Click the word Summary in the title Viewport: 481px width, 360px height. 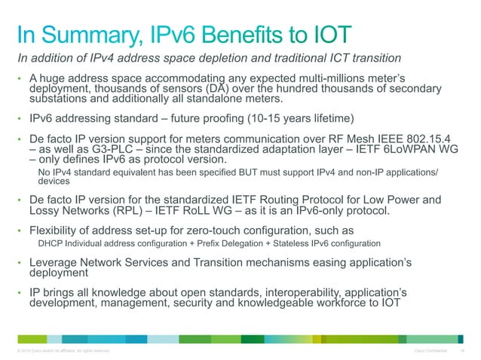tap(89, 35)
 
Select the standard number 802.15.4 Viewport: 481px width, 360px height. tap(421, 139)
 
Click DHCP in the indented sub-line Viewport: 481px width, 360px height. tap(50, 245)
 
